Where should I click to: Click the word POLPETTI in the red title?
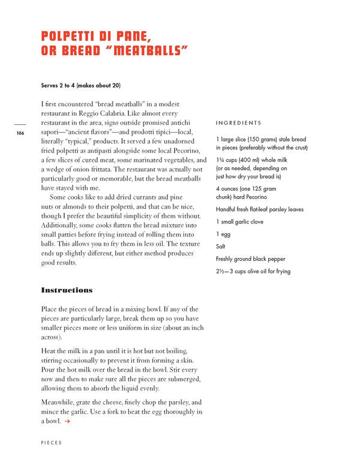(72, 36)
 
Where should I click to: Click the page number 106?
(20, 133)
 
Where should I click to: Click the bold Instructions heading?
(67, 290)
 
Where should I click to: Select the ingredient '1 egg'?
(223, 234)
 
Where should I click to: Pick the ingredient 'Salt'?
(220, 246)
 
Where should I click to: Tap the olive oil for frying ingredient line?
(253, 272)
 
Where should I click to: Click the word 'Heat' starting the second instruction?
(49, 350)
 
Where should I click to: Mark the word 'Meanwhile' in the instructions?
(61, 402)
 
